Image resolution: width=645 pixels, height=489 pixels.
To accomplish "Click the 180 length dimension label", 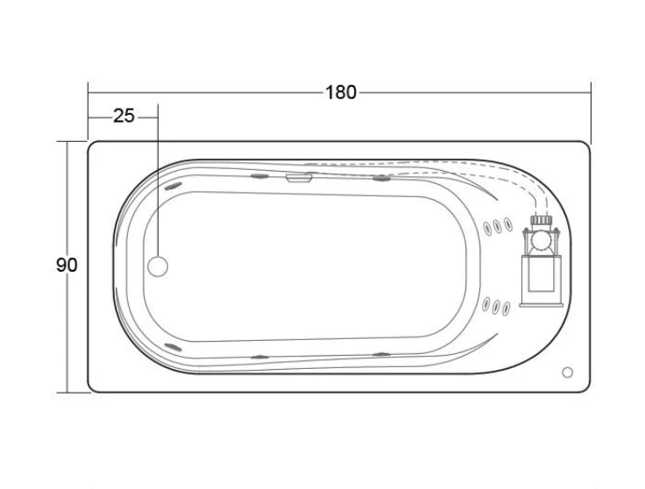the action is tap(341, 93).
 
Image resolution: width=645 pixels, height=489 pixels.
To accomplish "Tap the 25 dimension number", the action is tap(124, 116).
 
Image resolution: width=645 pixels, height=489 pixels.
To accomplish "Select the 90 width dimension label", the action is tap(67, 265).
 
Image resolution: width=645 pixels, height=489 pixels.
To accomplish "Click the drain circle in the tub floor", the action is tap(158, 266).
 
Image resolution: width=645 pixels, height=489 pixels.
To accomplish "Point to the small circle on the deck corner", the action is tap(567, 372).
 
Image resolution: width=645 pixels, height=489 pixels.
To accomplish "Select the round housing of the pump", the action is tap(541, 241).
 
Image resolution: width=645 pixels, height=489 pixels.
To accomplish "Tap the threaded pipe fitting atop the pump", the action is tap(541, 220).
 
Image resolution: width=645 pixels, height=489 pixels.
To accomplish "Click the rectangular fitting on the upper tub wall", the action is tap(299, 178).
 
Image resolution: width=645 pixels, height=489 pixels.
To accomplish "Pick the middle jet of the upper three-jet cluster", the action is tap(498, 226).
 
